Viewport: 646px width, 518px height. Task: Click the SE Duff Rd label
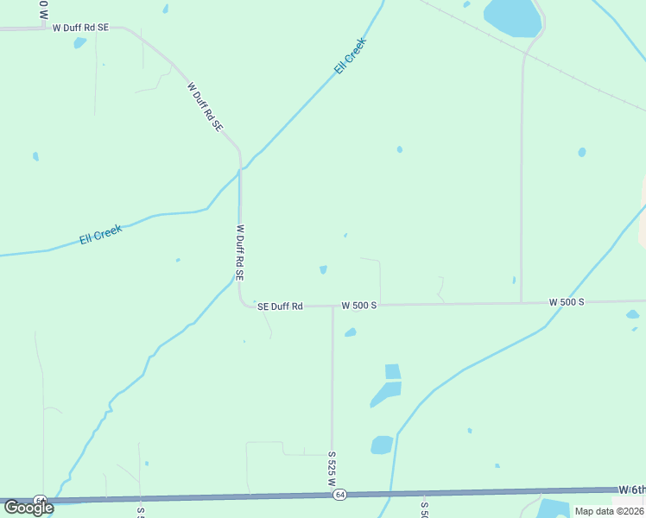click(x=280, y=306)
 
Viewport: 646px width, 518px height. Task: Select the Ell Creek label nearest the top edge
click(x=351, y=55)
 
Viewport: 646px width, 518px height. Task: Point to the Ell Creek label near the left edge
click(x=101, y=234)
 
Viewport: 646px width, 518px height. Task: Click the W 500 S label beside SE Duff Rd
click(x=359, y=305)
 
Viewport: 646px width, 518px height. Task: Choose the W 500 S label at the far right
click(x=567, y=302)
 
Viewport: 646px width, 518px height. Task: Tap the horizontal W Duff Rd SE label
click(x=80, y=28)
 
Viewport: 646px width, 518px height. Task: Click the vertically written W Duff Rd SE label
click(x=241, y=253)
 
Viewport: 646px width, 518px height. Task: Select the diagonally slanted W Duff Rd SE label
click(x=205, y=106)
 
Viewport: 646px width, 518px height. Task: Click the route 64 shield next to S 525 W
click(x=340, y=495)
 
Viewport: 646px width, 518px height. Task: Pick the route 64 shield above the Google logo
click(x=40, y=500)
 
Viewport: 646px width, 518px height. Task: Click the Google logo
click(x=28, y=508)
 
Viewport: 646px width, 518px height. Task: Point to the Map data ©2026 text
click(x=609, y=511)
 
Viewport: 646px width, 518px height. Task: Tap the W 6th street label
click(x=631, y=490)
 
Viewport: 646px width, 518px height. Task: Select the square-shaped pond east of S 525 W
click(x=392, y=371)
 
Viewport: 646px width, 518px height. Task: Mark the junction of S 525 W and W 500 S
click(x=332, y=306)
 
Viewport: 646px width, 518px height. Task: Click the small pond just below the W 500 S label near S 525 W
click(x=350, y=332)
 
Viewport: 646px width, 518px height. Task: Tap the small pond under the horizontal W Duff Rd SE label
click(x=79, y=42)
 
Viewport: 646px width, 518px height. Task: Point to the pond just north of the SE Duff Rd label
click(x=323, y=269)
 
